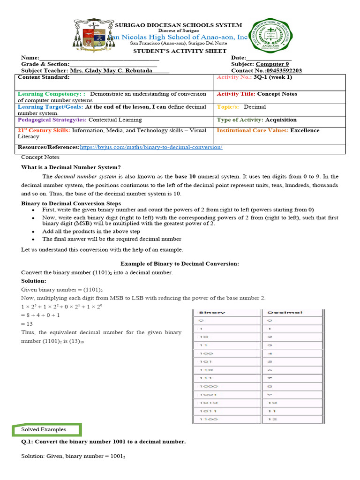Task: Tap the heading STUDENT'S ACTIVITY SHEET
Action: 180,51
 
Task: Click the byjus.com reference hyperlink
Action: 151,147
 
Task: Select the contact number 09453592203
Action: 284,71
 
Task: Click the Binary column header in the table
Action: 212,312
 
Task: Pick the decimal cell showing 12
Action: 272,420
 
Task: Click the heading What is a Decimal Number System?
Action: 71,167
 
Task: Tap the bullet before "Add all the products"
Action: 33,232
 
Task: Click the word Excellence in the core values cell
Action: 305,131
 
